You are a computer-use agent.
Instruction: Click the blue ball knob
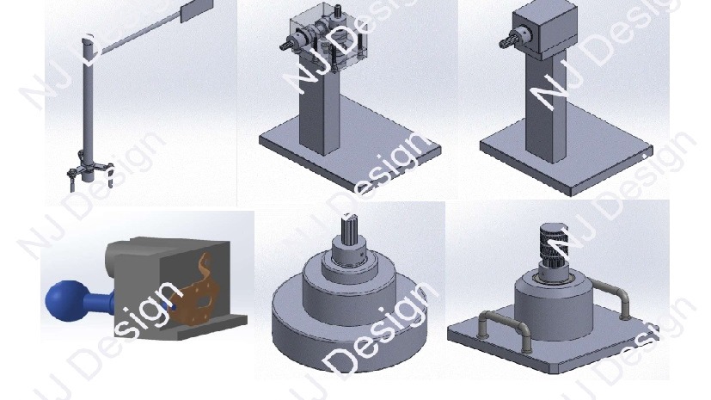[x=65, y=301]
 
